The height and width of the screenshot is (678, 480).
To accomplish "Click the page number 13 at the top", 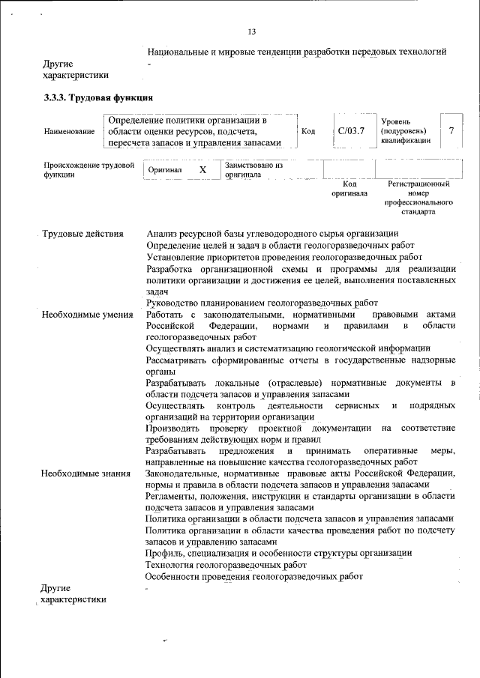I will click(x=251, y=31).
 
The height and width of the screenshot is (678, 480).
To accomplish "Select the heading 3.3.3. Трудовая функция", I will click(x=98, y=97).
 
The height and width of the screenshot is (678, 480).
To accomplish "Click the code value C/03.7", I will click(x=351, y=131).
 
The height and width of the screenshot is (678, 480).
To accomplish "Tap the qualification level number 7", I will click(x=451, y=131).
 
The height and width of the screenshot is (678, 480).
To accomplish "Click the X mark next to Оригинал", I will click(x=202, y=170).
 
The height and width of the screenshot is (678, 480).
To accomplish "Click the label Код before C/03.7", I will click(x=307, y=132).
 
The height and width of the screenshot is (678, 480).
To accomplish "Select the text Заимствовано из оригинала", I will click(x=253, y=170).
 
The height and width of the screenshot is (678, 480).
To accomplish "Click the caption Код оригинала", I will click(x=349, y=188).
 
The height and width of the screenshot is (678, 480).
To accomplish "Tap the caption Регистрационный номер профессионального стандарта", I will click(x=418, y=197).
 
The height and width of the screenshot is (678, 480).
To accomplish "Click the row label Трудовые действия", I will click(x=82, y=234).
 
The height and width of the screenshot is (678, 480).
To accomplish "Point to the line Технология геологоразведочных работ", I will click(x=226, y=564).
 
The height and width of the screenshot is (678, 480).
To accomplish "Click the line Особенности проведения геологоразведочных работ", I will click(x=254, y=576).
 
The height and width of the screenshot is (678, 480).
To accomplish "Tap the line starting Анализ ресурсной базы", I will click(x=272, y=234).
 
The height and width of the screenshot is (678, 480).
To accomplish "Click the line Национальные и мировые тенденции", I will click(x=297, y=52).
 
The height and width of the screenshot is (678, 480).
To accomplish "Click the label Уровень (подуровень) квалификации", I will click(x=406, y=131).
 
